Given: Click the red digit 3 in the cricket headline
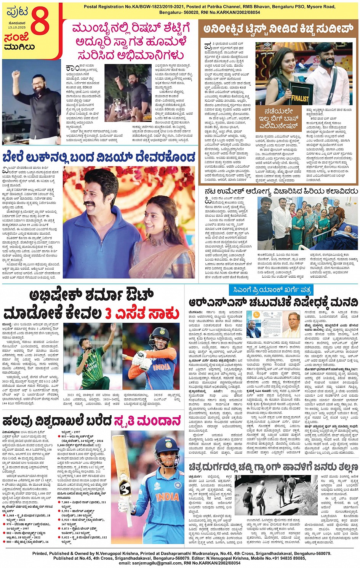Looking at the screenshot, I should click(108, 314).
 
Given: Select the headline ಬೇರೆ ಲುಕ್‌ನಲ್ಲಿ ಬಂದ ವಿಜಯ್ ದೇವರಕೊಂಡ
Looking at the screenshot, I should click(99, 157).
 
